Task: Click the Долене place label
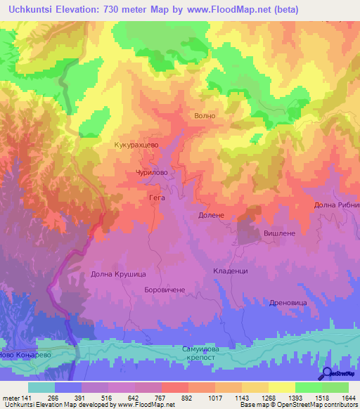tap(211, 215)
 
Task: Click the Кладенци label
tap(230, 271)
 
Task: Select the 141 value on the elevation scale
tap(27, 398)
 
